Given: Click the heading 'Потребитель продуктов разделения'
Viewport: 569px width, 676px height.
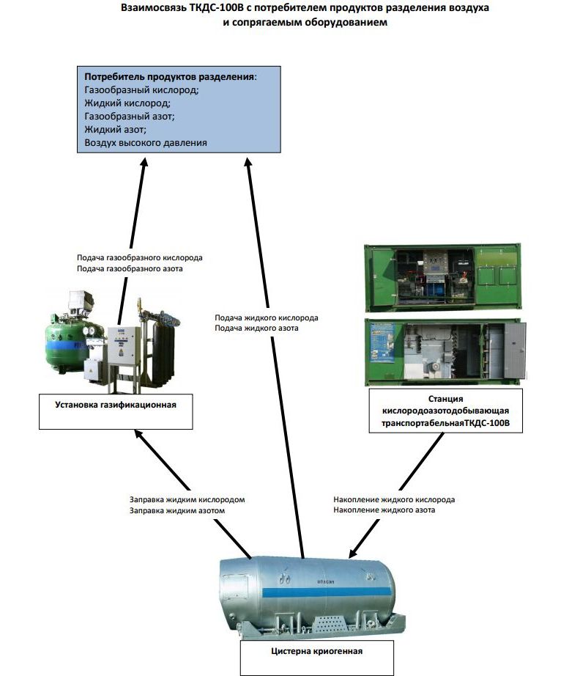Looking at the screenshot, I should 170,77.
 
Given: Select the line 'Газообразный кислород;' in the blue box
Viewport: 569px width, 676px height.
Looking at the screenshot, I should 141,90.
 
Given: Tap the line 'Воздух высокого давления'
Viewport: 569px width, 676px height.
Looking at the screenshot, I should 146,143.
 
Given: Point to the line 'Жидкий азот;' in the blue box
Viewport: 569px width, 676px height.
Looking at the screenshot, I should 116,130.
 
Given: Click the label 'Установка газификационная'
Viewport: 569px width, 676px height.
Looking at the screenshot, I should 116,404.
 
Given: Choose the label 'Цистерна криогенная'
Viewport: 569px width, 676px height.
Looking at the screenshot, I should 316,650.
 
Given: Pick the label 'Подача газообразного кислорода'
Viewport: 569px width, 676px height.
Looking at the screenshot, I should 139,258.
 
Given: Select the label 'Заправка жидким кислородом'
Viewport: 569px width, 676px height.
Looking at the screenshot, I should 187,499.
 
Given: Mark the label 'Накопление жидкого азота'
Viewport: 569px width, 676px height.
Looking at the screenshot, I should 384,510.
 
